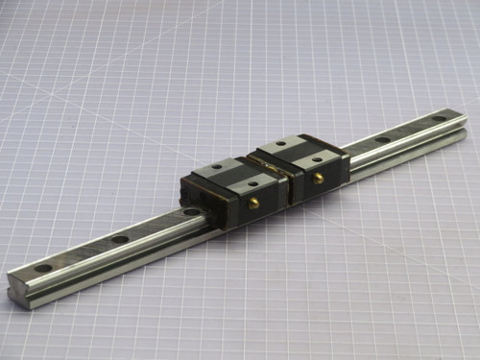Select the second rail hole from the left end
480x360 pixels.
coord(119,239)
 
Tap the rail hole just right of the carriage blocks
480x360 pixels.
coord(382,140)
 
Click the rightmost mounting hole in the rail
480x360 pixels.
coord(439,119)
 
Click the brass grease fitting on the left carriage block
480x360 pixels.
coord(255,204)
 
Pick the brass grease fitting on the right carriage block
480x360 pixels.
coord(318,178)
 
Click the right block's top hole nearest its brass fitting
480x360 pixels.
coord(312,156)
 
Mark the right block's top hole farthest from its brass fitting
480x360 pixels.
coord(281,143)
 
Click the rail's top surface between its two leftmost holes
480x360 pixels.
coord(82,253)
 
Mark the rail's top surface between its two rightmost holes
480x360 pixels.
coord(411,130)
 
